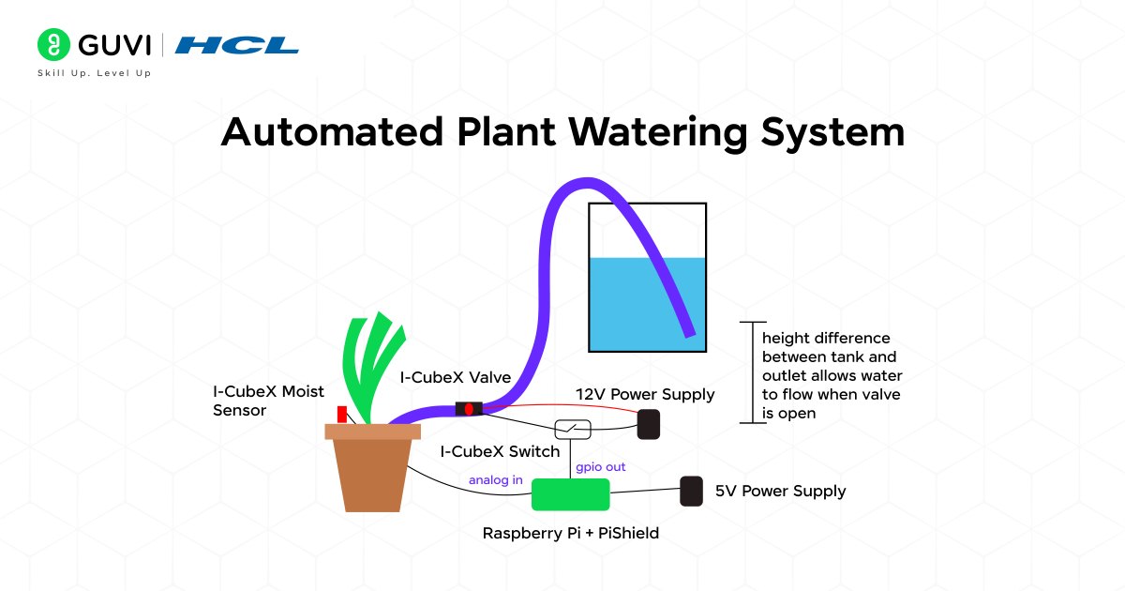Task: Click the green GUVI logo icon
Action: point(54,44)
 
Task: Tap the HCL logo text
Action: point(237,45)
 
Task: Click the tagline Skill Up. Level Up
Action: point(94,73)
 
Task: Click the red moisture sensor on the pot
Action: point(342,415)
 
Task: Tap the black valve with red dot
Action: point(469,409)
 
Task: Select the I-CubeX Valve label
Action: point(456,378)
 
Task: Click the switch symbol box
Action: point(573,429)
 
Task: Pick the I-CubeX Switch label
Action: point(501,452)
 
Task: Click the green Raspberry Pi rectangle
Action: point(570,494)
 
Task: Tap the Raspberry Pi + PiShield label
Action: point(570,534)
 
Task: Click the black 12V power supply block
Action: point(649,424)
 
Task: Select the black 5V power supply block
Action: point(691,491)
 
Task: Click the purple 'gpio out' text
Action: point(600,466)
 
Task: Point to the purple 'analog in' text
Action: point(496,480)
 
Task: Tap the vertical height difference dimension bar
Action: point(747,372)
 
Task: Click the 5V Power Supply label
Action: point(780,492)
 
